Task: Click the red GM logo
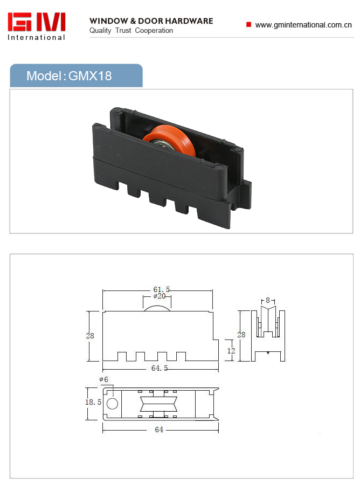coord(37,22)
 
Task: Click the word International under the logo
coord(36,37)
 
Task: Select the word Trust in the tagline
coord(123,30)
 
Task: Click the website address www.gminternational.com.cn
coord(303,25)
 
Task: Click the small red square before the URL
coord(248,24)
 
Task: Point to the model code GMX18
coord(90,76)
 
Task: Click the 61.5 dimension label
coord(162,289)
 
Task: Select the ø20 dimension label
coord(160,296)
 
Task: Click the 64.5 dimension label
coord(160,368)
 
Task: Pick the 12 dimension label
coord(231,351)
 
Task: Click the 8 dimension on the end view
coord(268,300)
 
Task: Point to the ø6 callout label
coord(104,379)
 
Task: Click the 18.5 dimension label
coord(93,402)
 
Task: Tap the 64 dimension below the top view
coord(159,429)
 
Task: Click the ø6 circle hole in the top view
coord(112,404)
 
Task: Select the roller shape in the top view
coord(158,404)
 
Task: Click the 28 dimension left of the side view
coord(90,336)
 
